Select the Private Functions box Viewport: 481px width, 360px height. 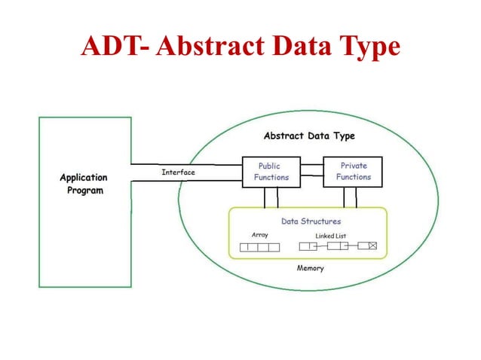coord(353,172)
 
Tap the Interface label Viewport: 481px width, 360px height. coord(178,172)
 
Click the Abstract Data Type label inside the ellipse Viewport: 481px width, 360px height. coord(309,136)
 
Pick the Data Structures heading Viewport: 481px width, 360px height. coord(311,221)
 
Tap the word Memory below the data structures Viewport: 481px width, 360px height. coord(310,268)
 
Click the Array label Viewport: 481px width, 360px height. coord(259,235)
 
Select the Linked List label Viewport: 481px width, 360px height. coord(330,236)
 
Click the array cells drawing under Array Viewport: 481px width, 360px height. coord(259,247)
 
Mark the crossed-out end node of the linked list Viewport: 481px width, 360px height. coord(372,246)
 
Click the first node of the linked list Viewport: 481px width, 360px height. coord(308,246)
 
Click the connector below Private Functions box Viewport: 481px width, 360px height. coord(350,197)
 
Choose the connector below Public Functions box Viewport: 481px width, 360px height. coord(271,197)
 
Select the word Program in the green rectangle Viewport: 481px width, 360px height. coord(84,191)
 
